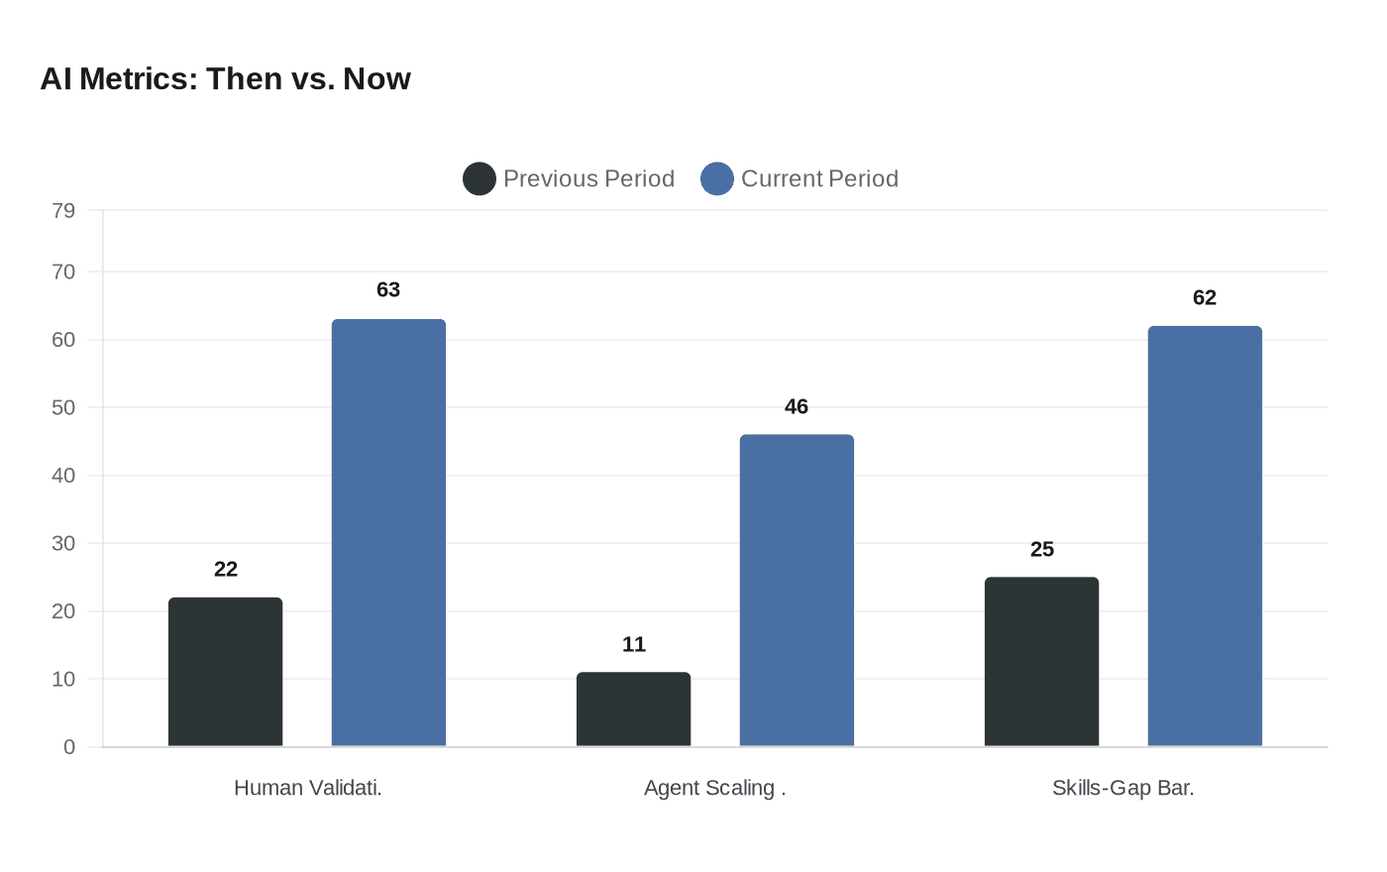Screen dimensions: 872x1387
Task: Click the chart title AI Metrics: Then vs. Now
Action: tap(225, 78)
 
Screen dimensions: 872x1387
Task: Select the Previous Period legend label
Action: tap(588, 178)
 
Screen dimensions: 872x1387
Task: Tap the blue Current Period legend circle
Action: tap(716, 178)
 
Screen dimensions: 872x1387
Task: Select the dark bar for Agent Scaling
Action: tap(633, 709)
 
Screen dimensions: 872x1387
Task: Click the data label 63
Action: tap(388, 289)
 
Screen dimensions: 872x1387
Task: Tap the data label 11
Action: tap(634, 644)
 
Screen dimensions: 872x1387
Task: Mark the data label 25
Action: tap(1042, 549)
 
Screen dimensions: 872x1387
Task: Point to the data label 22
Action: tap(226, 569)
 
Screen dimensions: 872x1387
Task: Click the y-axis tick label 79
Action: tap(63, 210)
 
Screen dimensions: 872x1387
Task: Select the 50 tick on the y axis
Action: tap(63, 407)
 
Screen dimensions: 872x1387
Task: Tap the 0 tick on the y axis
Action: tap(69, 747)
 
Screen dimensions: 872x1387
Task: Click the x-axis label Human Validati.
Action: tap(307, 788)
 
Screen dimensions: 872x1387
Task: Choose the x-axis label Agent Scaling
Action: tap(714, 788)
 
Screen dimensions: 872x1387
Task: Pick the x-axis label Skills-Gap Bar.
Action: tap(1122, 788)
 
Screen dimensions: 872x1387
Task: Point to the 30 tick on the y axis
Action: tap(63, 543)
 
